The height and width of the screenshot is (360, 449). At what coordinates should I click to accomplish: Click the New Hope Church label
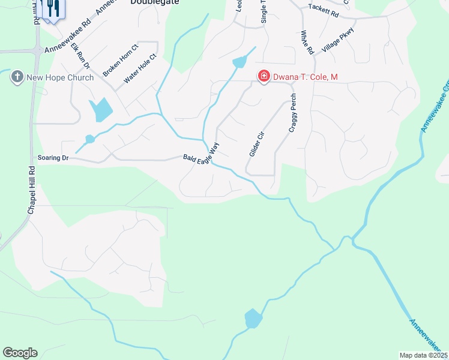click(x=60, y=77)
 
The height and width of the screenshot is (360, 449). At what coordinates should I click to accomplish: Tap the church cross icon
click(x=17, y=77)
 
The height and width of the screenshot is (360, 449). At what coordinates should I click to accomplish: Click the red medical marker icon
click(x=263, y=76)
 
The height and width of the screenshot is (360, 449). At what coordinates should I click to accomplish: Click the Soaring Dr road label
click(x=54, y=158)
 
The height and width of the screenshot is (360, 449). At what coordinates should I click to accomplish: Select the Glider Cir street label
click(x=256, y=145)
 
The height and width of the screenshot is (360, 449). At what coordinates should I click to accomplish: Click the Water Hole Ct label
click(x=139, y=69)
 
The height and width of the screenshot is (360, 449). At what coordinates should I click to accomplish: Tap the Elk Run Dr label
click(x=80, y=56)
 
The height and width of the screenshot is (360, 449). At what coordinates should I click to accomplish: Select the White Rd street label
click(x=308, y=43)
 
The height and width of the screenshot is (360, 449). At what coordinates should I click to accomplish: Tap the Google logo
click(x=20, y=353)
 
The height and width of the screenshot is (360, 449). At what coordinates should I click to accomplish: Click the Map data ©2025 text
click(x=423, y=355)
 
